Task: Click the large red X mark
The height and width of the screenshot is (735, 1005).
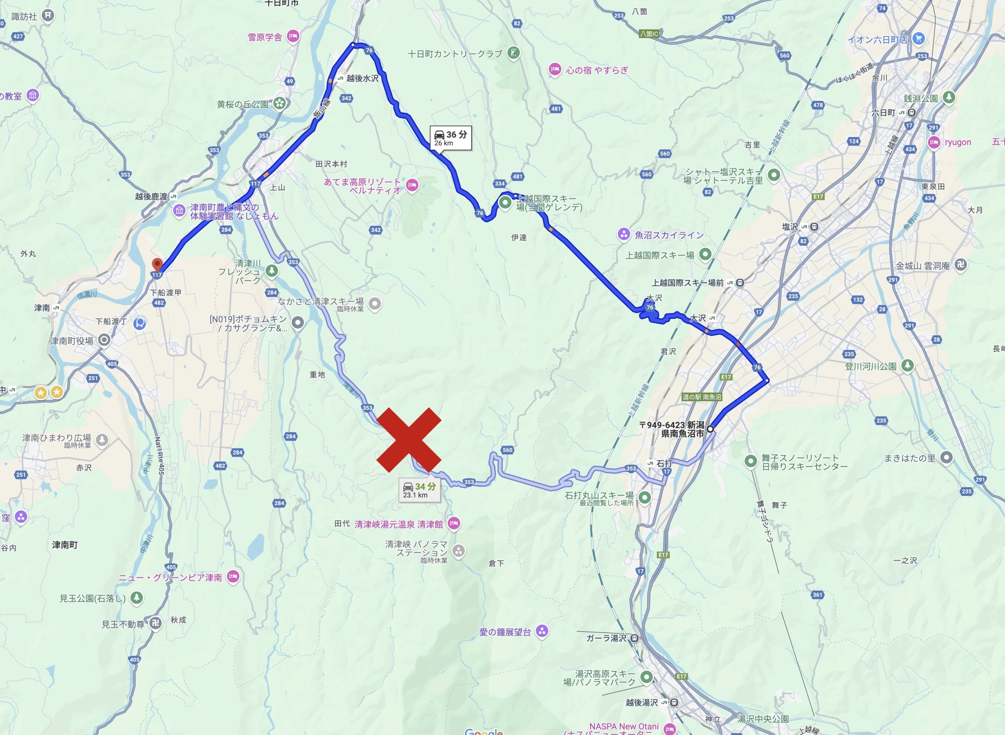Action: pos(408,440)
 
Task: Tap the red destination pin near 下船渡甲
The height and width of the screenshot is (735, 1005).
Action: pos(157,265)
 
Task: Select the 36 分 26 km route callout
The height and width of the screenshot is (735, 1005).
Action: pos(450,138)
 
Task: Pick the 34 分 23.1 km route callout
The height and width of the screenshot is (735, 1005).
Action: pos(419,490)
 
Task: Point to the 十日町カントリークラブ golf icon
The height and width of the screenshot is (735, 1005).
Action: pos(513,53)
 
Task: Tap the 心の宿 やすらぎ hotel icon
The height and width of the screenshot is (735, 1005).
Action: pos(554,69)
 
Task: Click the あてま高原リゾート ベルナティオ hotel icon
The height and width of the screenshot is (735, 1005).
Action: pos(412,185)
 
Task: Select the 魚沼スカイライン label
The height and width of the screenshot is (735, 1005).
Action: pos(669,235)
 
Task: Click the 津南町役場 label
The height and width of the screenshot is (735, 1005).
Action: pos(71,341)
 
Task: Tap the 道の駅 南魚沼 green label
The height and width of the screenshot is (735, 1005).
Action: pos(702,397)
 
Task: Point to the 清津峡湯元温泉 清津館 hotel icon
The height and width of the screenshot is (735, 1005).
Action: pos(454,523)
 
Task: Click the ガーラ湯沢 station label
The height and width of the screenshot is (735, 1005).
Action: pos(606,638)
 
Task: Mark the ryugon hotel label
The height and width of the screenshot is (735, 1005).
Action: pos(958,143)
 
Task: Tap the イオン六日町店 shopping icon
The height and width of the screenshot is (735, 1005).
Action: pos(918,39)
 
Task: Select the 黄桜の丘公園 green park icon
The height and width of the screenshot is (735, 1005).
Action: pos(280,104)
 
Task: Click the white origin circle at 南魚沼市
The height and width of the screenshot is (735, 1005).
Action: pos(710,429)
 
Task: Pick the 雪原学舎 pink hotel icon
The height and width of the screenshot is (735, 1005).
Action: pos(293,36)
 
